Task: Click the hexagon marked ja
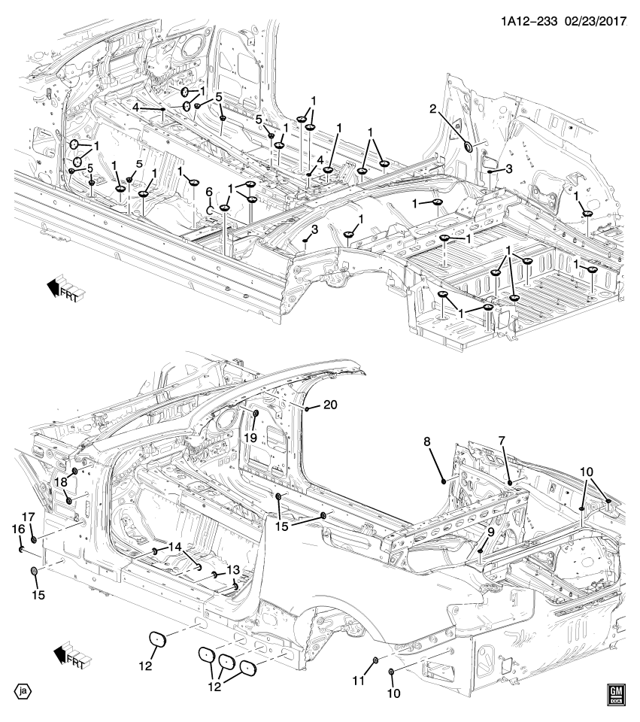tap(23, 690)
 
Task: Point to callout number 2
tap(433, 110)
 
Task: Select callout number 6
tap(209, 193)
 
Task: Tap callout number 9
tap(490, 531)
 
